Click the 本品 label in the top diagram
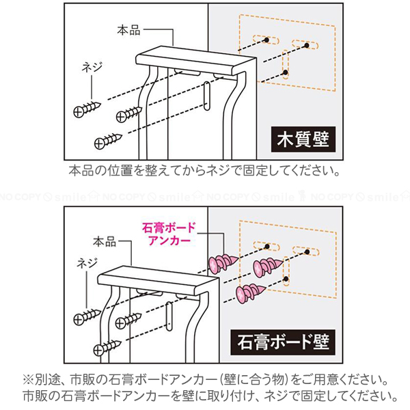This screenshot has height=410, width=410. (x=128, y=30)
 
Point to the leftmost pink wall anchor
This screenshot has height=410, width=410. (x=223, y=261)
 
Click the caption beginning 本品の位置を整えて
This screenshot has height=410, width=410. (x=204, y=169)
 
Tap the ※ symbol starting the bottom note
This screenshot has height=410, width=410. (x=29, y=379)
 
